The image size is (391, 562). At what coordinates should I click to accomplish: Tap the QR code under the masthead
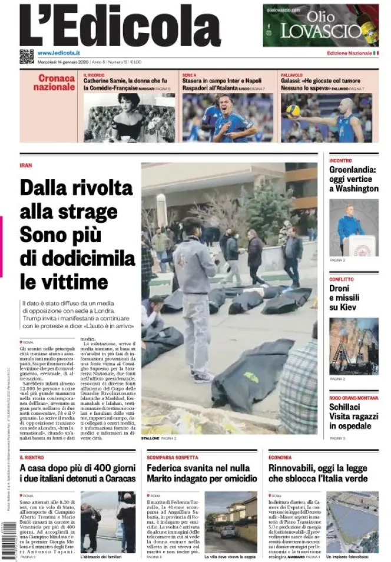point(26,57)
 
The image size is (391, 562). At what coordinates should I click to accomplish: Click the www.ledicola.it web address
point(59,54)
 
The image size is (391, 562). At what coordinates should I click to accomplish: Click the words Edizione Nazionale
point(349,54)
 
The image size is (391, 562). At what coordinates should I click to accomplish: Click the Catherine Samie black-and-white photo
point(129,117)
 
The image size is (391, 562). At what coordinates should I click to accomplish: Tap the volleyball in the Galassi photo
point(293,110)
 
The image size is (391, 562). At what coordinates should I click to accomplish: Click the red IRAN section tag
point(25,166)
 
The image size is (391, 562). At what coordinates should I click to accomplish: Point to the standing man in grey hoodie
point(194,295)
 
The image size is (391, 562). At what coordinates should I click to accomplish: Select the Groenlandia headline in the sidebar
point(353,179)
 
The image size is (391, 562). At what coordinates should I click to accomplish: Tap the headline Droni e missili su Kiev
point(344,298)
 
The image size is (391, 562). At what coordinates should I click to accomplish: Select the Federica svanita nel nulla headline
point(201,473)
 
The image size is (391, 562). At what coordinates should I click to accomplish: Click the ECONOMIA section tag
point(280,457)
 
